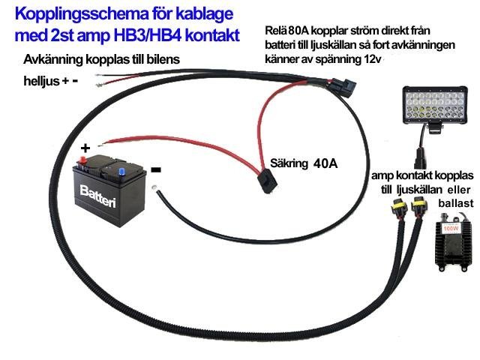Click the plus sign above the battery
click(85, 148)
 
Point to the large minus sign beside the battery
click(155, 170)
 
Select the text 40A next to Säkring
click(326, 162)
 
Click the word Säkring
click(289, 162)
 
